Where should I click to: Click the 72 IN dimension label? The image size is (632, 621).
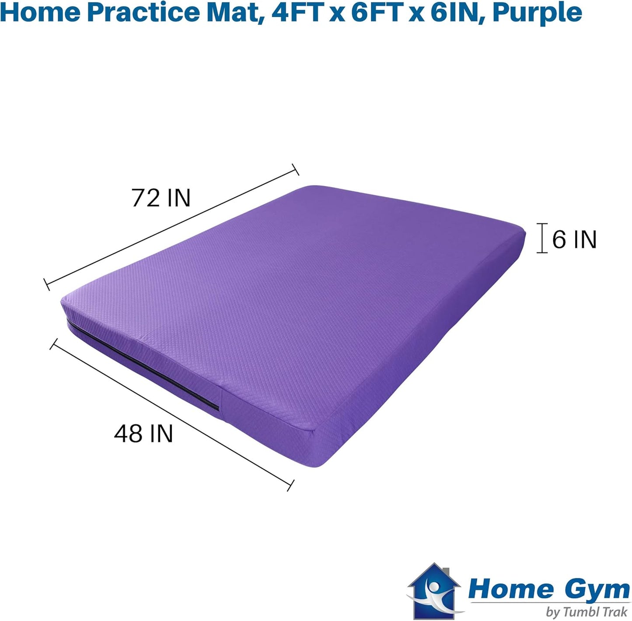(161, 198)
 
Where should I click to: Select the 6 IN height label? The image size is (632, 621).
(574, 239)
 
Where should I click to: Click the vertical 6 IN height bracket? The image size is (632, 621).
(542, 238)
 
